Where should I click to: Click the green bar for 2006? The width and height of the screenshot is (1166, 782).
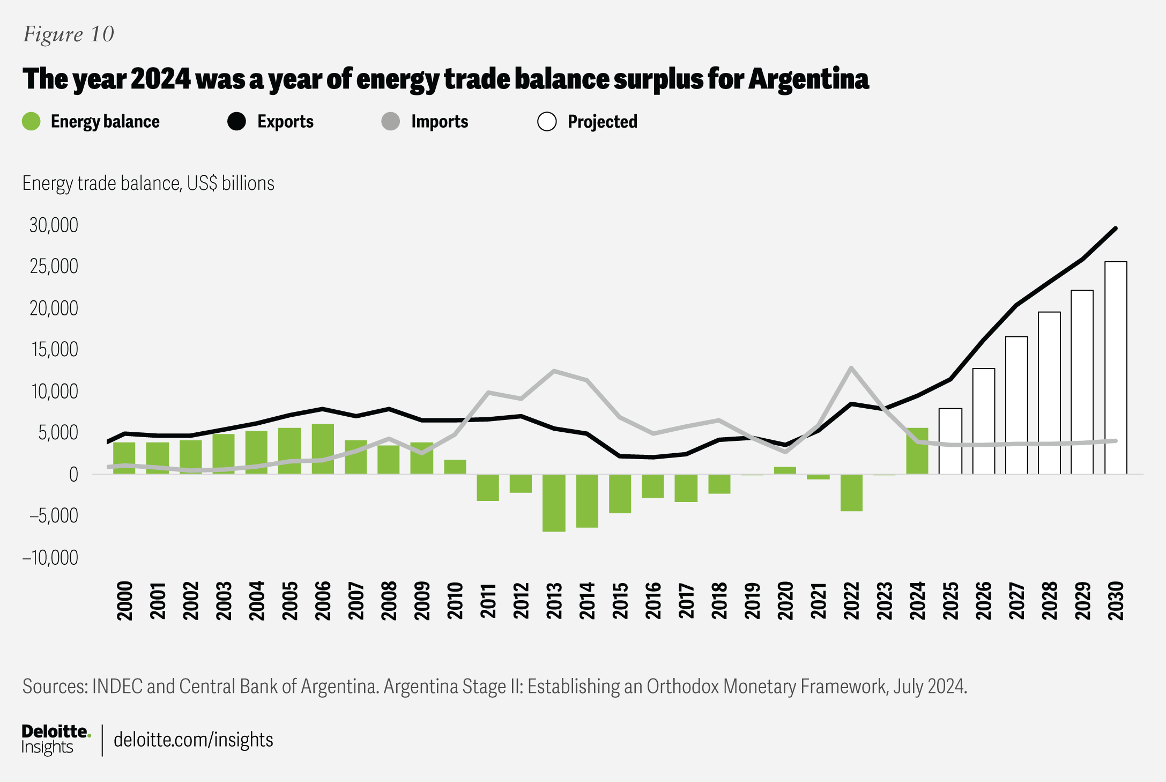tap(323, 449)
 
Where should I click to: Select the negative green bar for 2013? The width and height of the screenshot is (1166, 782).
tap(554, 503)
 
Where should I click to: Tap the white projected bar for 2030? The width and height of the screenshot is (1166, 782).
tap(1116, 368)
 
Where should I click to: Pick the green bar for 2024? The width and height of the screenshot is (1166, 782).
tap(917, 451)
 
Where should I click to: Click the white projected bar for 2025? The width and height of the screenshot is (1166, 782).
tap(950, 441)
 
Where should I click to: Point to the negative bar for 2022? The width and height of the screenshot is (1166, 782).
tap(851, 492)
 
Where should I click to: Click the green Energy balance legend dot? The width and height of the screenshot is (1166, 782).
tap(32, 122)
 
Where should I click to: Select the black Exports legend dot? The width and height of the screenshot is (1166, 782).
tap(236, 122)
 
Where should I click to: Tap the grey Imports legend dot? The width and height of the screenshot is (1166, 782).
tap(391, 122)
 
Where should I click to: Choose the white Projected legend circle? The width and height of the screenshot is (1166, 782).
tap(547, 122)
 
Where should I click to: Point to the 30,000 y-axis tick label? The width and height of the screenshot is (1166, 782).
tap(54, 225)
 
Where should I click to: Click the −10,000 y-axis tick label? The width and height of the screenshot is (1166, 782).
tap(50, 558)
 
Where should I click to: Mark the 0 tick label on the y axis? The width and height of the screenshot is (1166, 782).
tap(73, 475)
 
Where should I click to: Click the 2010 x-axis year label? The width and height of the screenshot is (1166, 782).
tap(455, 601)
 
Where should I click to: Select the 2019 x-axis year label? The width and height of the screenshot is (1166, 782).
tap(753, 601)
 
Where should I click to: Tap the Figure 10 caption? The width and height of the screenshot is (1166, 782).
tap(69, 34)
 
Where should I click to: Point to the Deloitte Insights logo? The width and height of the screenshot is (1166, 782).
tap(56, 739)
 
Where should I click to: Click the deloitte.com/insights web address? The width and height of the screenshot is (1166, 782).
tap(193, 740)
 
